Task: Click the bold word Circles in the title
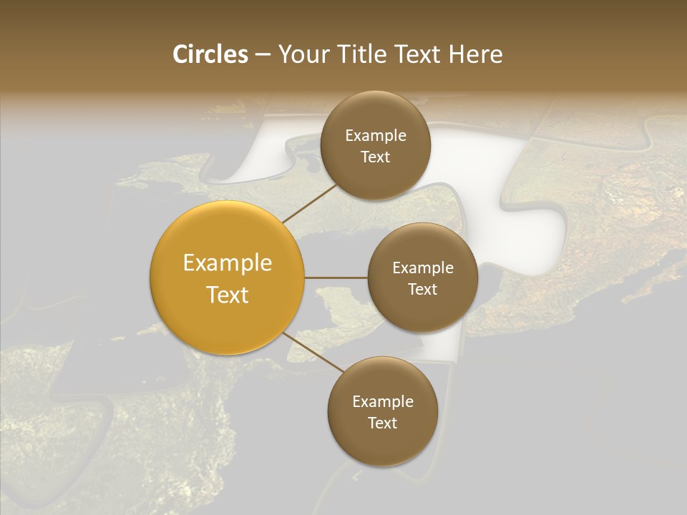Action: tap(210, 54)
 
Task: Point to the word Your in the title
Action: tap(303, 54)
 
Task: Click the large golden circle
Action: tap(228, 278)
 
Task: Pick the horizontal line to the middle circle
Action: tap(336, 277)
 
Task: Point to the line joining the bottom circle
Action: tap(312, 353)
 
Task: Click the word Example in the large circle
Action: tap(228, 263)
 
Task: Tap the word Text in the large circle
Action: tap(228, 295)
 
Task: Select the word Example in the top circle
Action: tap(376, 136)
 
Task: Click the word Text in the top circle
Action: tap(376, 157)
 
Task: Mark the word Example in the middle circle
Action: tap(423, 268)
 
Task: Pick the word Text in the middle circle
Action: tap(423, 289)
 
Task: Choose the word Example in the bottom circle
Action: tap(383, 402)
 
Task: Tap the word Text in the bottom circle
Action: tap(383, 423)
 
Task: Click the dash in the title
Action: tap(263, 54)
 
